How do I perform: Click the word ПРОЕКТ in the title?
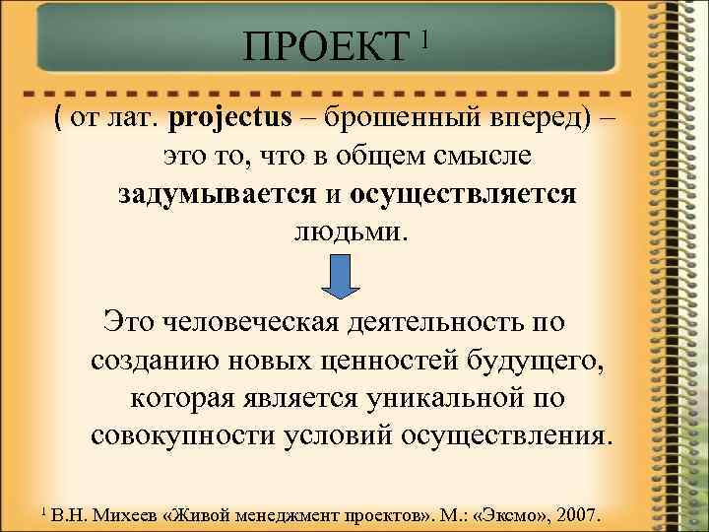click(x=325, y=45)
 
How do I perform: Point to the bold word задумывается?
click(x=214, y=194)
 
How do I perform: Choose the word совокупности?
click(x=187, y=435)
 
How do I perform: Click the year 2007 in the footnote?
click(x=587, y=515)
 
